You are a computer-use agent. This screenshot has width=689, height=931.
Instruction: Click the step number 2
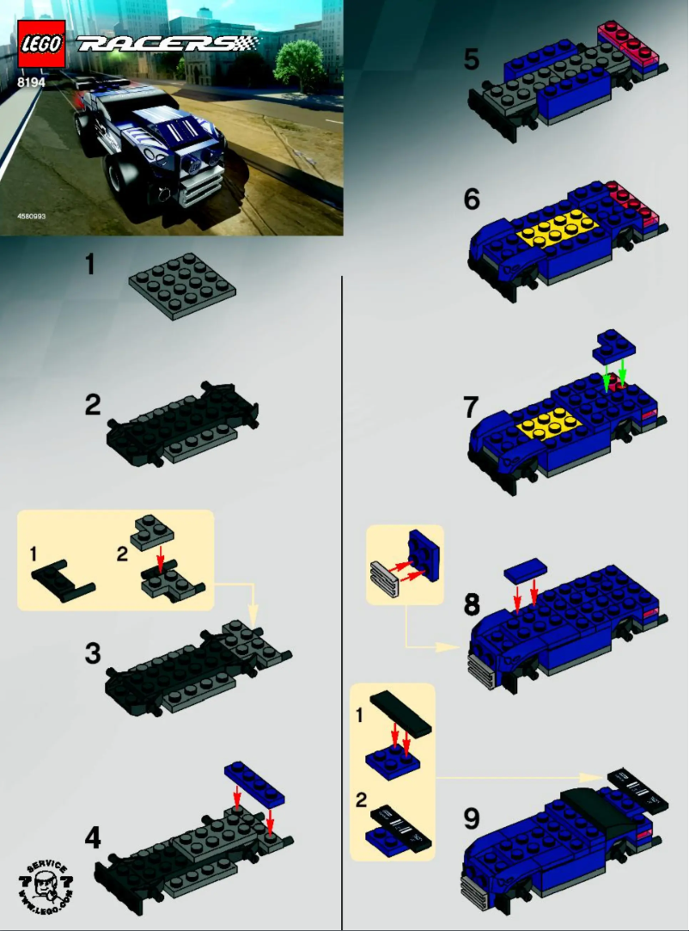coord(93,405)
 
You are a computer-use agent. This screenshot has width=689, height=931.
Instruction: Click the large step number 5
coord(472,59)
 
